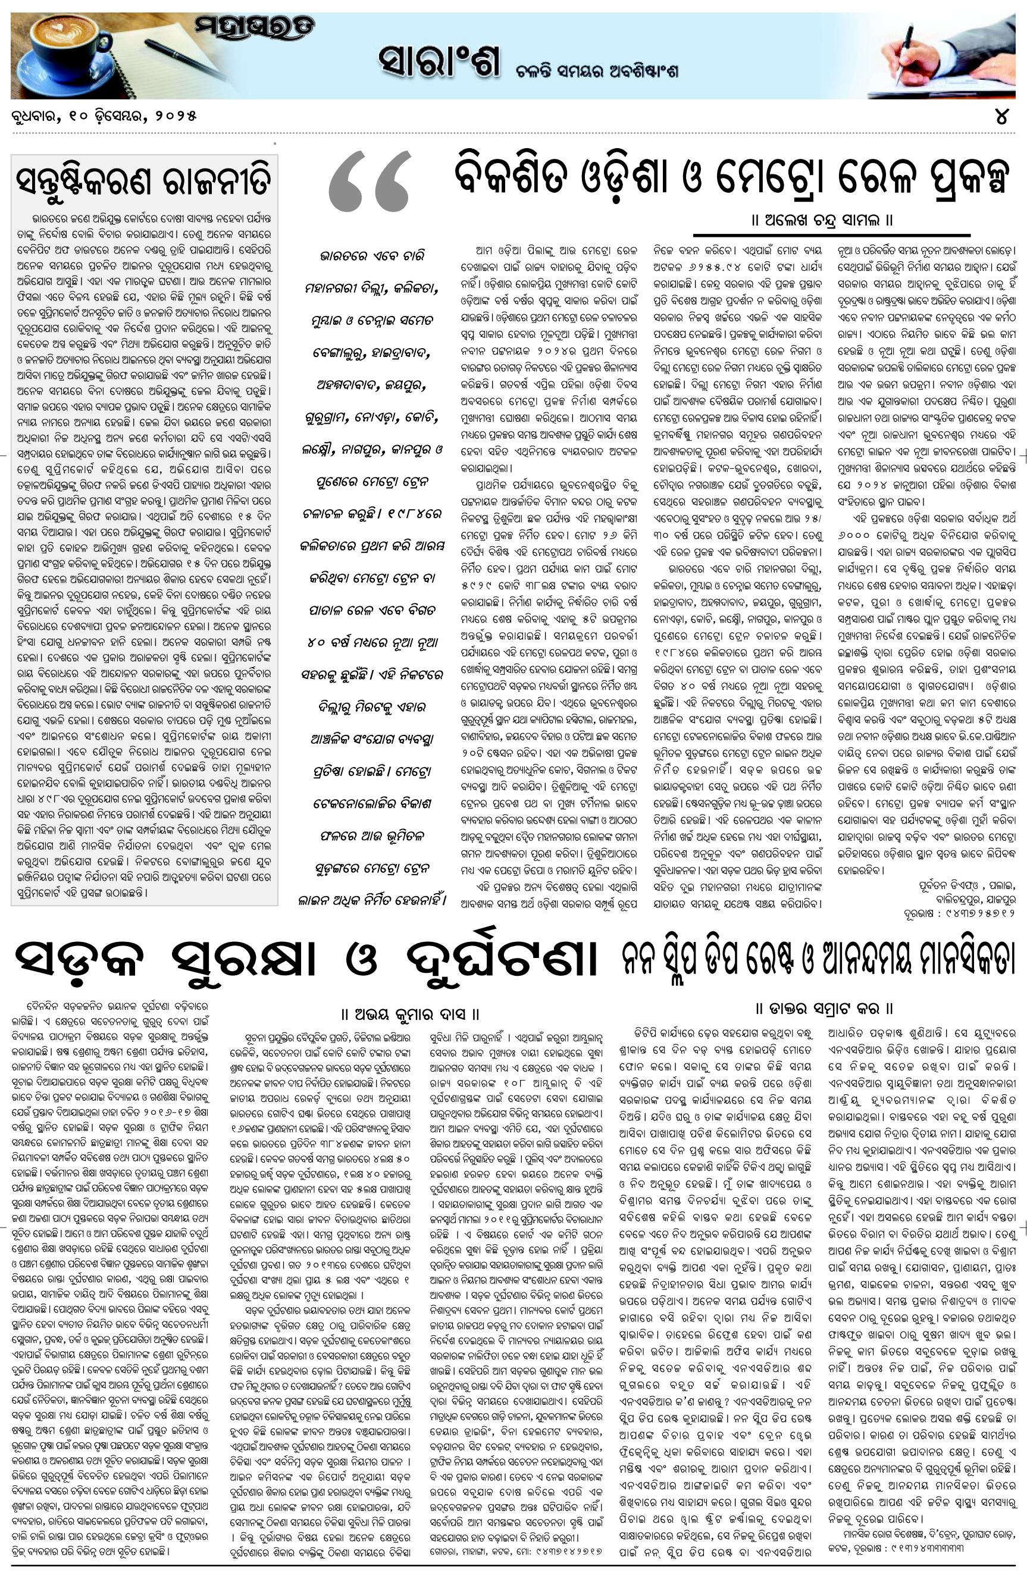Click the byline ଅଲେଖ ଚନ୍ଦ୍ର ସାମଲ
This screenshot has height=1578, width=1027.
(822, 220)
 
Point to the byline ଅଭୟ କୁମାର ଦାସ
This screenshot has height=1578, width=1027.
(411, 1014)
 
